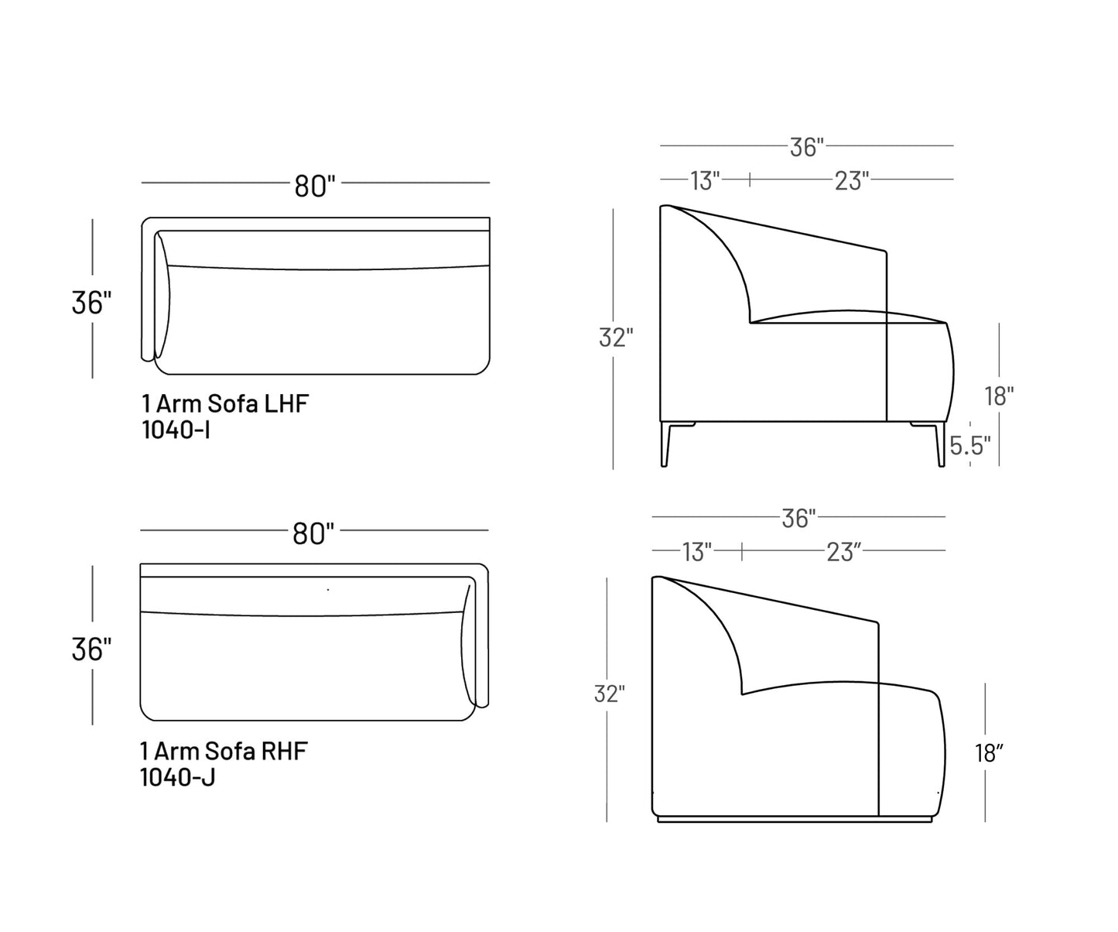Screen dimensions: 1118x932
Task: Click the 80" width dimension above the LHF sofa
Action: (315, 185)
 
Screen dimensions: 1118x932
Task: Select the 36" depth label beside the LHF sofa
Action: (91, 302)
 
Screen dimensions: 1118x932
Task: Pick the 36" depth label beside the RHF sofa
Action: (91, 649)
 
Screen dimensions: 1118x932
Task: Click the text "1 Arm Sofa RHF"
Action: (224, 750)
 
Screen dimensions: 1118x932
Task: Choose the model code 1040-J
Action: (178, 776)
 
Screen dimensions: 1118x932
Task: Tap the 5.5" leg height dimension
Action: (970, 445)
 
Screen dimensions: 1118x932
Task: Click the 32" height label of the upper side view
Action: (616, 338)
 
